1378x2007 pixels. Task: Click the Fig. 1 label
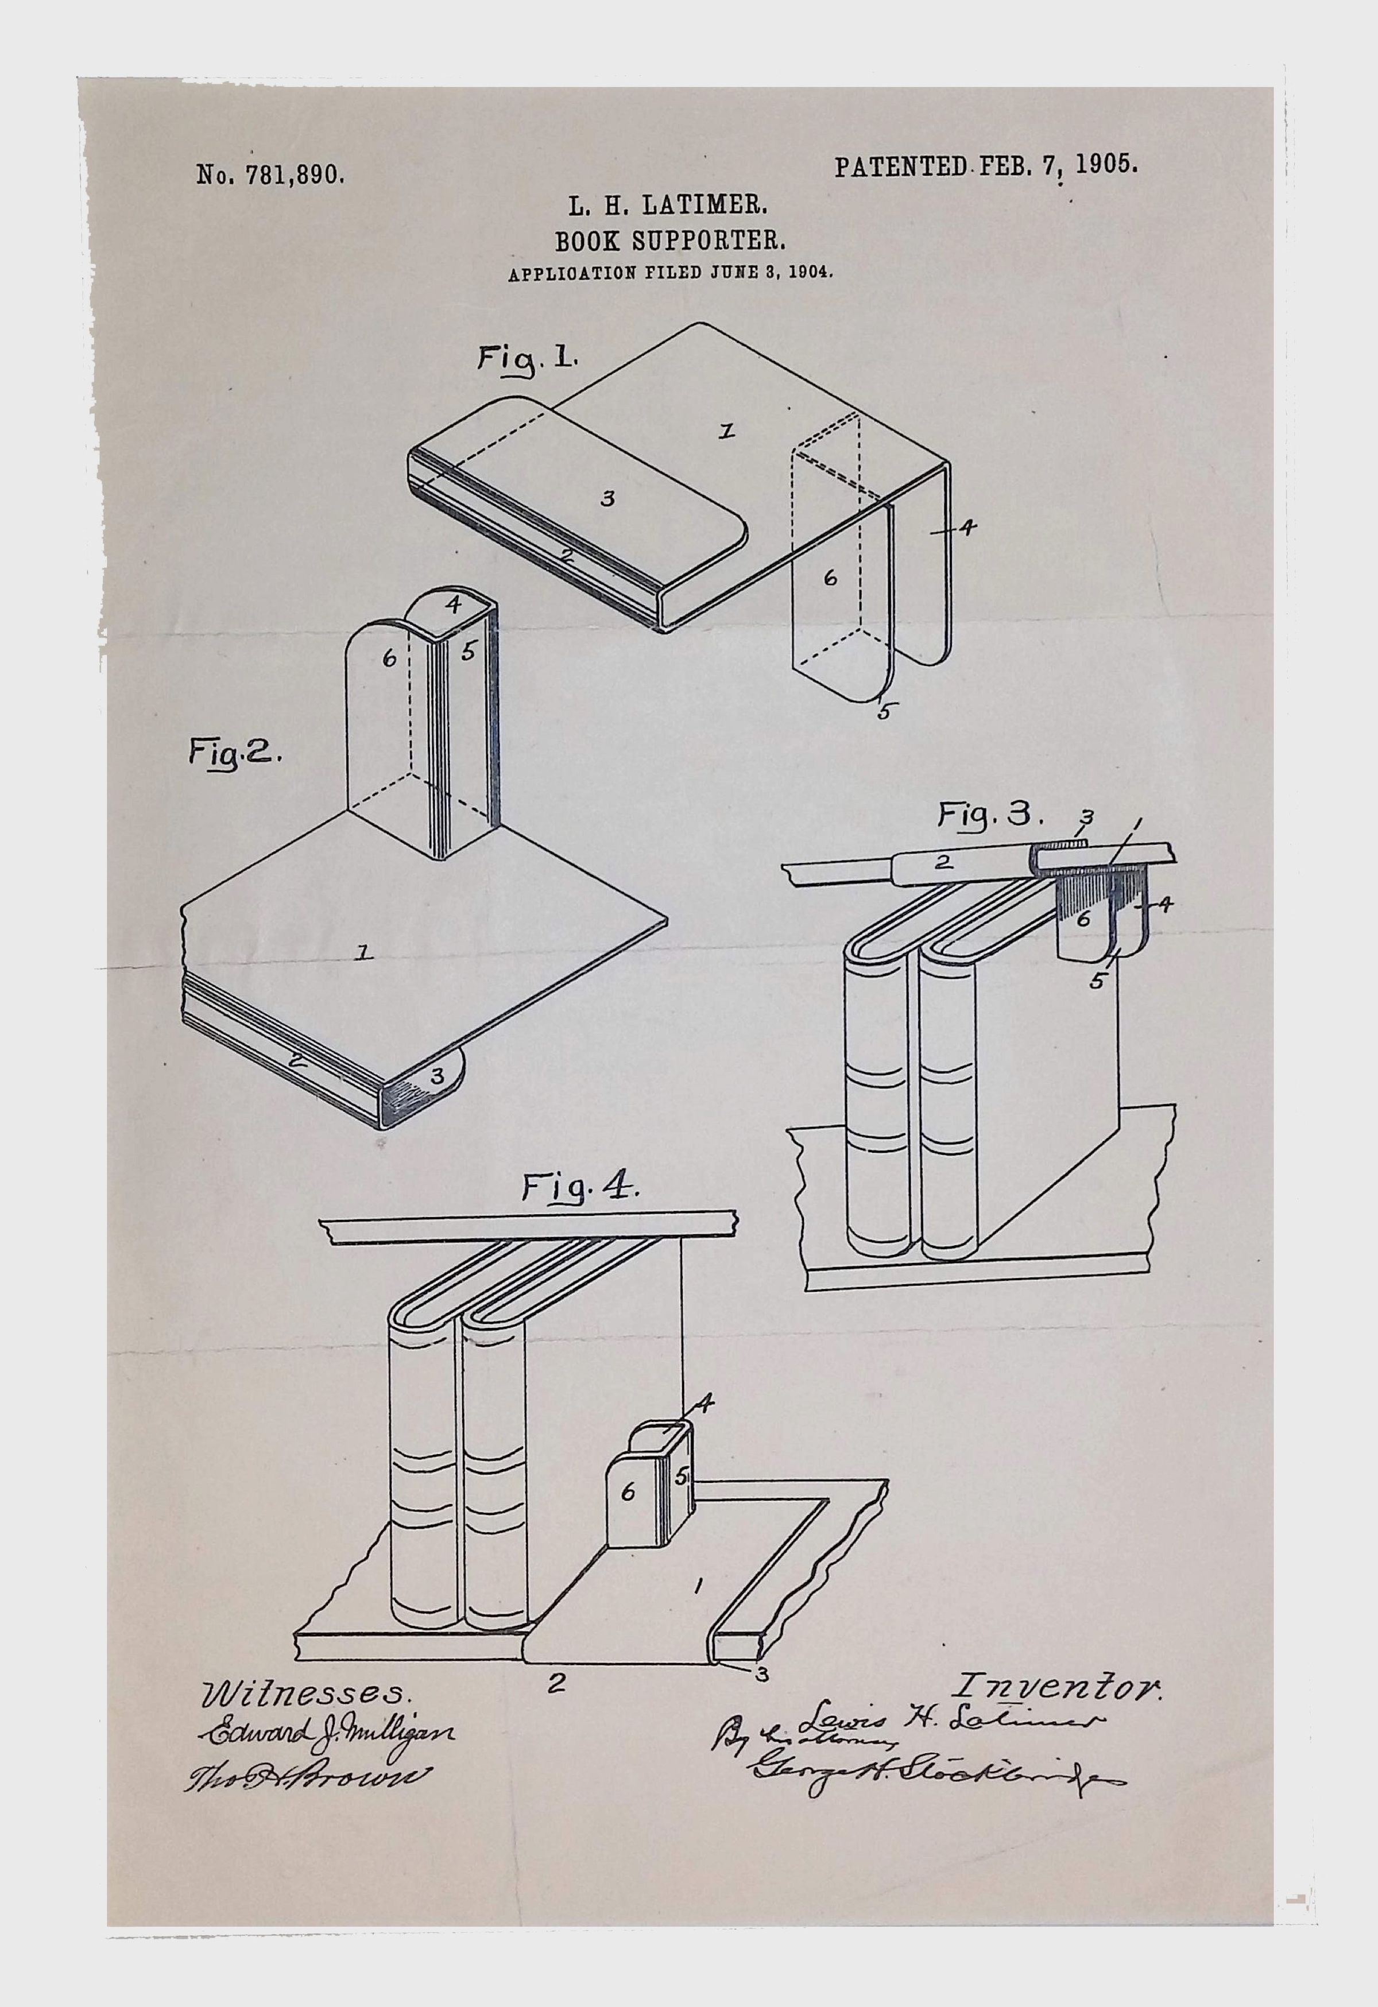coord(529,358)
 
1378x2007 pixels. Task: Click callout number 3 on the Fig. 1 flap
coord(607,499)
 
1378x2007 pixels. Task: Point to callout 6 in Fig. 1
coord(830,579)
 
